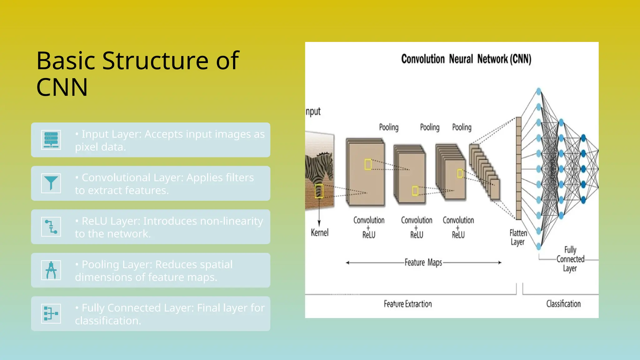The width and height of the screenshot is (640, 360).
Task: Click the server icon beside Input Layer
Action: tap(51, 140)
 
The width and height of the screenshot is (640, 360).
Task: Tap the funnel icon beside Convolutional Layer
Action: tap(51, 183)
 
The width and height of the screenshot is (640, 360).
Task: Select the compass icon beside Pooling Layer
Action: tap(51, 270)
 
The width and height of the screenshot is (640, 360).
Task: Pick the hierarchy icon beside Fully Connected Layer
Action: tap(51, 313)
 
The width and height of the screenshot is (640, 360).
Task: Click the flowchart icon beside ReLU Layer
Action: tap(51, 227)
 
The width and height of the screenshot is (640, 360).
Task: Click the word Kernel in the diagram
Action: tap(319, 232)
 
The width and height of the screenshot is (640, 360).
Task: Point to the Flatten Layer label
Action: tap(518, 237)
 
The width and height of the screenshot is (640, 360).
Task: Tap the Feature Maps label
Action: tap(423, 262)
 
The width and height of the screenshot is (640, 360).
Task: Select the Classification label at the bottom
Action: tap(563, 304)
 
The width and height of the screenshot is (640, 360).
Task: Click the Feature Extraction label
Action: tap(407, 304)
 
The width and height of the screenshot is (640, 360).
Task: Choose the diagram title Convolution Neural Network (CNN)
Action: tap(466, 59)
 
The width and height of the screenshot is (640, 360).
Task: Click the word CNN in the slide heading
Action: tap(62, 87)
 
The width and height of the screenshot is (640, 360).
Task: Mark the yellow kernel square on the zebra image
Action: tap(319, 191)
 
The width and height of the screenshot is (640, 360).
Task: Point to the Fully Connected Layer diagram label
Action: tap(570, 259)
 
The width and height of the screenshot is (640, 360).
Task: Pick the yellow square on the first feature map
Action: tap(368, 164)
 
